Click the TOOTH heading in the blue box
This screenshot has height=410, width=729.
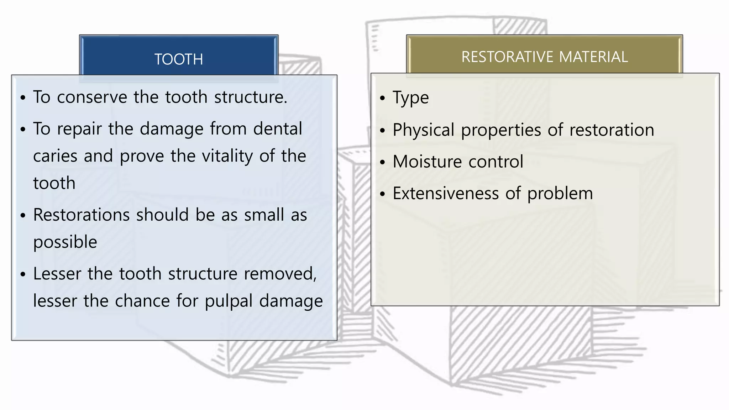pyautogui.click(x=179, y=59)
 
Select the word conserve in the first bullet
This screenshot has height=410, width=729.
pyautogui.click(x=92, y=97)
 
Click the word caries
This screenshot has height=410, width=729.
pyautogui.click(x=55, y=156)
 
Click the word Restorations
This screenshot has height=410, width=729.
pyautogui.click(x=82, y=215)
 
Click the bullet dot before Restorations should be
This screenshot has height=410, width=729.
pyautogui.click(x=23, y=216)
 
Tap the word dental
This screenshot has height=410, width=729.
pyautogui.click(x=278, y=129)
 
